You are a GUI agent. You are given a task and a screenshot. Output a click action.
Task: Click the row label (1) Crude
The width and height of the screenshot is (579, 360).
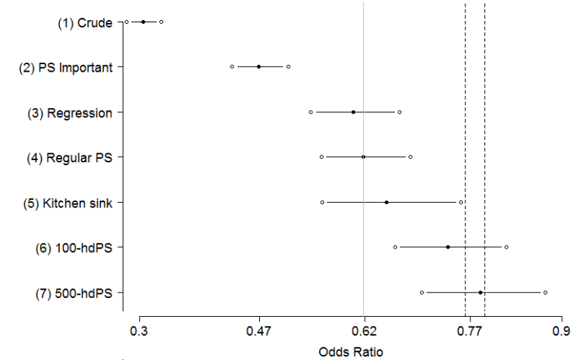coord(85,23)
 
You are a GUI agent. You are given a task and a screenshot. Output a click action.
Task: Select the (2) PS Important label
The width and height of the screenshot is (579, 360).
coord(65,68)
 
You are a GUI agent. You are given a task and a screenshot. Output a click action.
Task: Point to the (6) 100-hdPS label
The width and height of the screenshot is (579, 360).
coord(74,248)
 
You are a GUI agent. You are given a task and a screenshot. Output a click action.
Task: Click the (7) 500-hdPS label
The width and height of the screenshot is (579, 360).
coord(74,293)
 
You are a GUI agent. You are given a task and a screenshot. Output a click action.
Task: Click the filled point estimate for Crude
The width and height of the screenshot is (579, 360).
coord(144,22)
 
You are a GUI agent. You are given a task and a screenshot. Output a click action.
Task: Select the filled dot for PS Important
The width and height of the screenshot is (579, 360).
coord(258,67)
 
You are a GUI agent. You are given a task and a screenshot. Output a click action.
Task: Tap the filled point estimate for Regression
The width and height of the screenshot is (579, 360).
coord(353,112)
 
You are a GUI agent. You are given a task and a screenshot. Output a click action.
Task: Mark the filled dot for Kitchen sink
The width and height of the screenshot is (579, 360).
coord(386,202)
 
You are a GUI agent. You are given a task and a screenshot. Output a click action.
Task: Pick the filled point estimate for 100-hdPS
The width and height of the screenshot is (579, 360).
coord(448,247)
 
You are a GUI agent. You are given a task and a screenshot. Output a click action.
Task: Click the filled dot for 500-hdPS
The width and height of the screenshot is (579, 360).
coord(481,292)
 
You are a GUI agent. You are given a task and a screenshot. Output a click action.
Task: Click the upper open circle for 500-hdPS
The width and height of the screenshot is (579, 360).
coord(546,292)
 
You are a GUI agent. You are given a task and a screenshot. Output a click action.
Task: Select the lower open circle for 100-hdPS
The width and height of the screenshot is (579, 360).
coord(395,247)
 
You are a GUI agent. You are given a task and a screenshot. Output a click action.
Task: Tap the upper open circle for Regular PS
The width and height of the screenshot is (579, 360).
coord(410,157)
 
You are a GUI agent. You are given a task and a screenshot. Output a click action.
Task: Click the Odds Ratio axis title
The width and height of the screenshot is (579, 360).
coord(350,352)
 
